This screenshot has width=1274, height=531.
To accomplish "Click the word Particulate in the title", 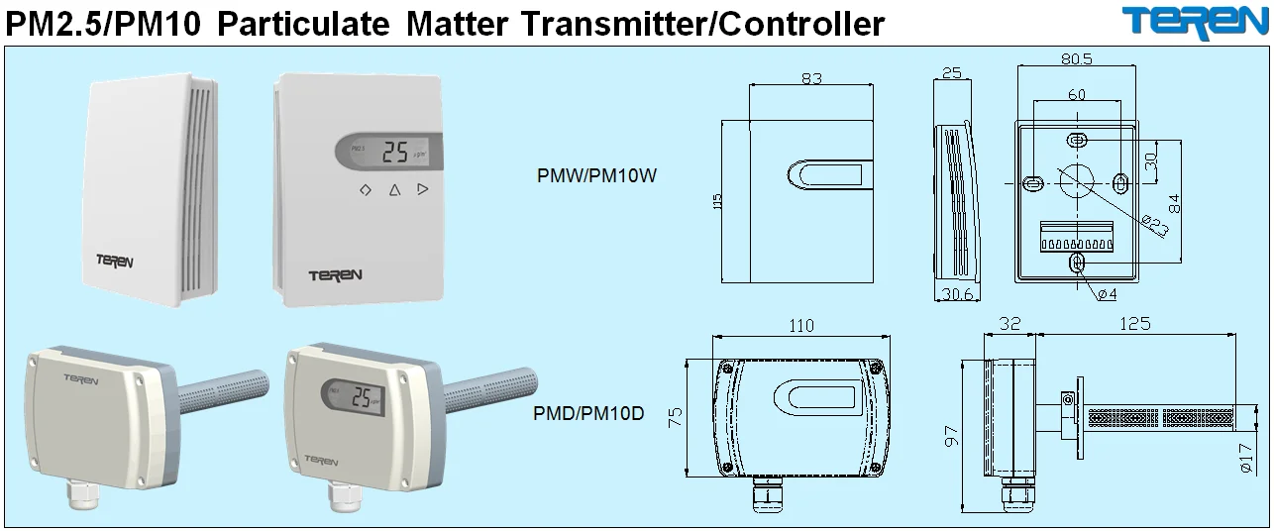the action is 301,23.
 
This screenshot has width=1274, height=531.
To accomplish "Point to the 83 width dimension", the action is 811,79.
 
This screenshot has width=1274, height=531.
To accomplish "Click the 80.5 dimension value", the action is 1076,59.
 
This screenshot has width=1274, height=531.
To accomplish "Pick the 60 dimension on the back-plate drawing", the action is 1076,94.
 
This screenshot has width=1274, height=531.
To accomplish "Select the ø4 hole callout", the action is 1107,294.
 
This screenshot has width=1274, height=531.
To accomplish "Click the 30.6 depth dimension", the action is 958,294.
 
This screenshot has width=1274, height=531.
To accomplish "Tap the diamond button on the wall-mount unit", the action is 365,189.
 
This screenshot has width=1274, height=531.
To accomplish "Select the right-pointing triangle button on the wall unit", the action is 423,189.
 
